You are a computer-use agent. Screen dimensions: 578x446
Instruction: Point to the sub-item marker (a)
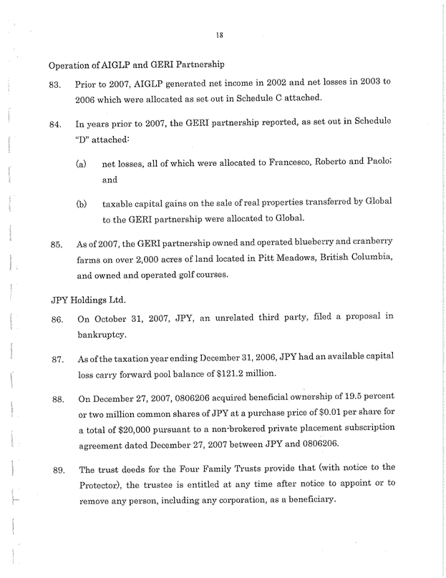82,164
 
